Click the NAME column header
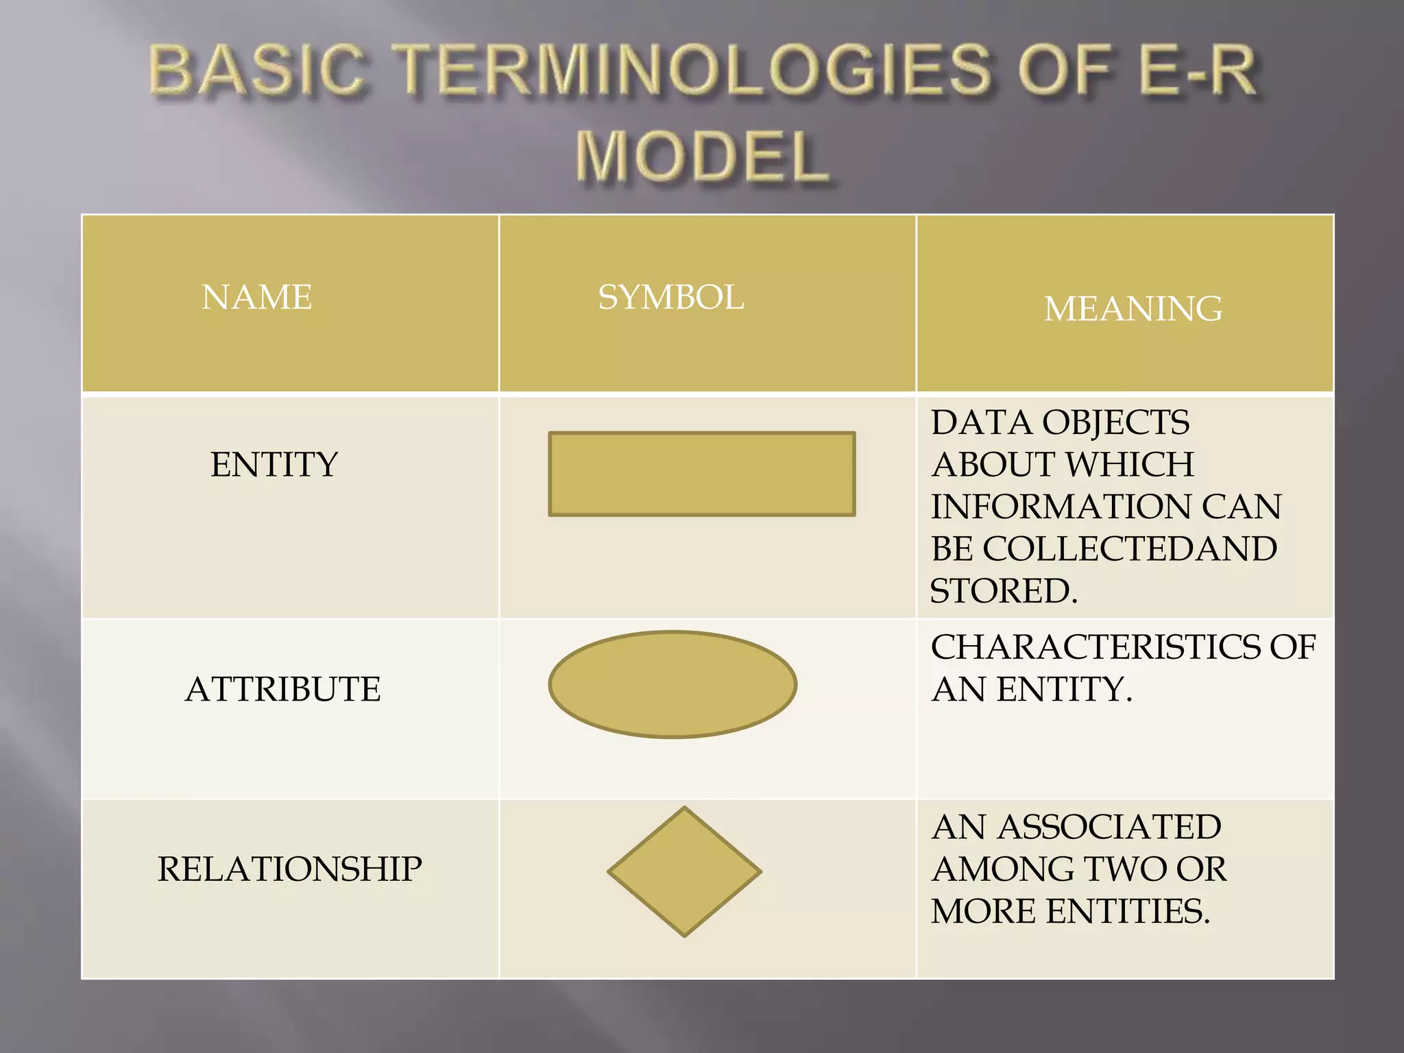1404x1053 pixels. (x=256, y=298)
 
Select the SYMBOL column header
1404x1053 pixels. (x=670, y=298)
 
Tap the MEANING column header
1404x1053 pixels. (x=1133, y=308)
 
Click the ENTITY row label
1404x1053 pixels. (x=274, y=465)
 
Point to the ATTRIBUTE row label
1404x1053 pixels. (x=282, y=689)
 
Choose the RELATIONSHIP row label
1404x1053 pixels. (x=289, y=869)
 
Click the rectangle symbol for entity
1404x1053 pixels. (x=701, y=474)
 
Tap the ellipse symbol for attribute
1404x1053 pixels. (x=672, y=684)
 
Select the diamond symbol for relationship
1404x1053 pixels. (x=684, y=871)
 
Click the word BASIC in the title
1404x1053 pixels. (x=256, y=70)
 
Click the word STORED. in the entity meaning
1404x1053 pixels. (x=1004, y=591)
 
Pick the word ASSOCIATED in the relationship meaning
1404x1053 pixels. (x=1109, y=827)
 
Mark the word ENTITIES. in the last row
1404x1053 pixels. (x=1128, y=911)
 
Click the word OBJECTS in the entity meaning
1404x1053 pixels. (x=1115, y=422)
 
